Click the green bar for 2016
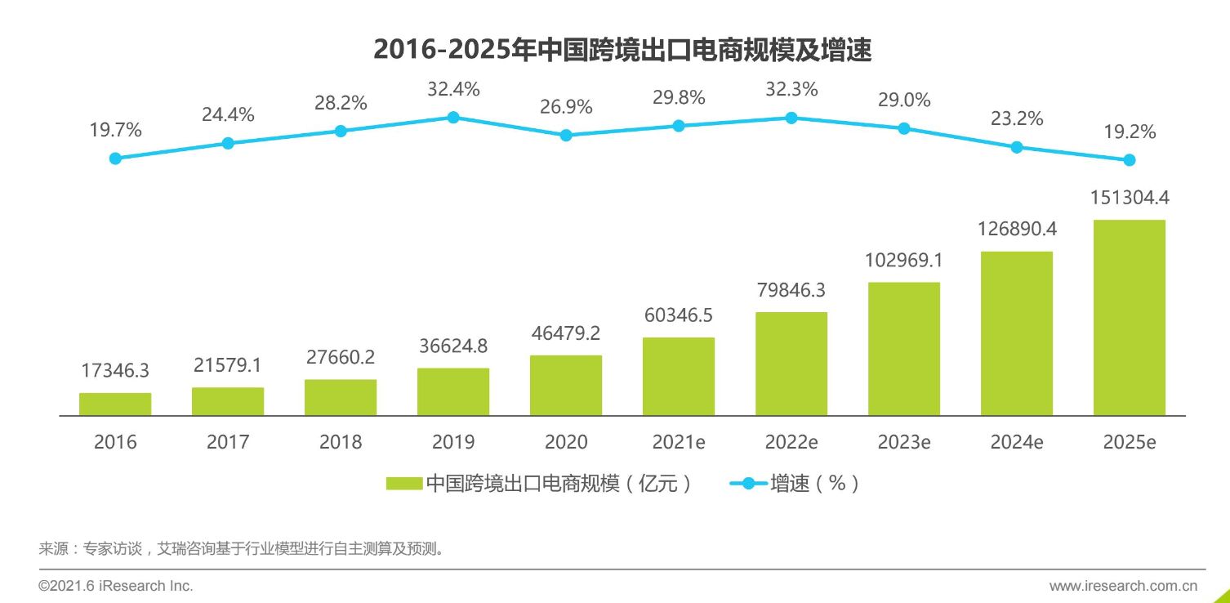coord(115,404)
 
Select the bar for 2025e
coord(1129,318)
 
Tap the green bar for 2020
coord(566,386)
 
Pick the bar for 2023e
coord(903,349)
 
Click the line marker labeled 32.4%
coord(453,117)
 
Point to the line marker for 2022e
coord(791,118)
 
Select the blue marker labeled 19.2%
coord(1130,159)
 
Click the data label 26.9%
coord(566,107)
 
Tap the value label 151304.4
coord(1129,198)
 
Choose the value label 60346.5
coord(679,315)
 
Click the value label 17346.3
coord(115,371)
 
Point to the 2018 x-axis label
coord(341,442)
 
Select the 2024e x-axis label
coord(1016,442)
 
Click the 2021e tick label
coord(679,442)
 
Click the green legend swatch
coord(403,484)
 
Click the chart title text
coord(622,51)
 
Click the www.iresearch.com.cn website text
coord(1123,586)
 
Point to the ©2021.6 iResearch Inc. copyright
coord(116,586)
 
